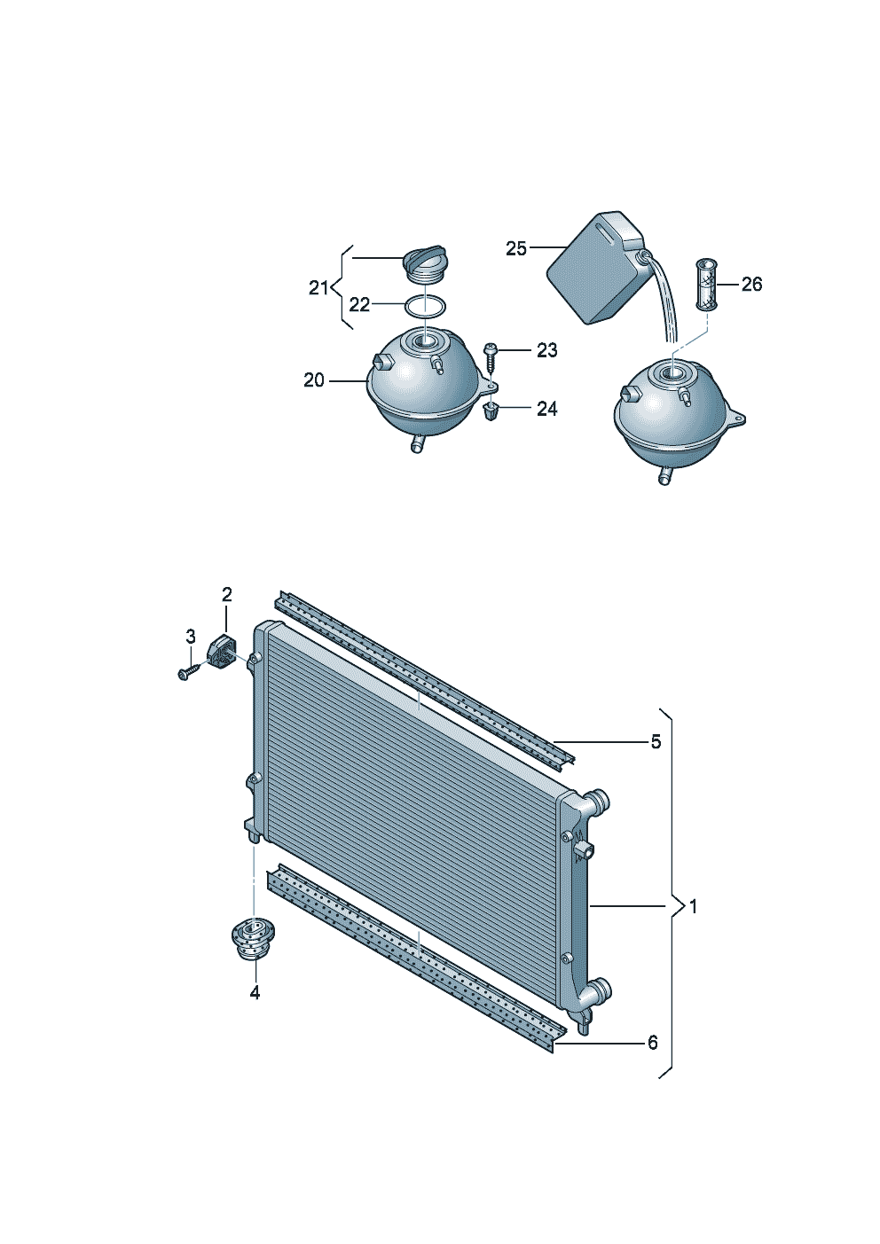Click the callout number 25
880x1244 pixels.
point(515,248)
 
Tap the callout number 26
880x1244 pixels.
point(751,285)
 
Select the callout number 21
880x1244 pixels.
point(318,288)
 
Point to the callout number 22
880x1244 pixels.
point(359,304)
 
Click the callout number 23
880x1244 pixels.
point(546,350)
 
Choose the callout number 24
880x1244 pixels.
point(546,409)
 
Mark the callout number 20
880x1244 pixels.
point(314,380)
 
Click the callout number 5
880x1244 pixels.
point(656,741)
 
